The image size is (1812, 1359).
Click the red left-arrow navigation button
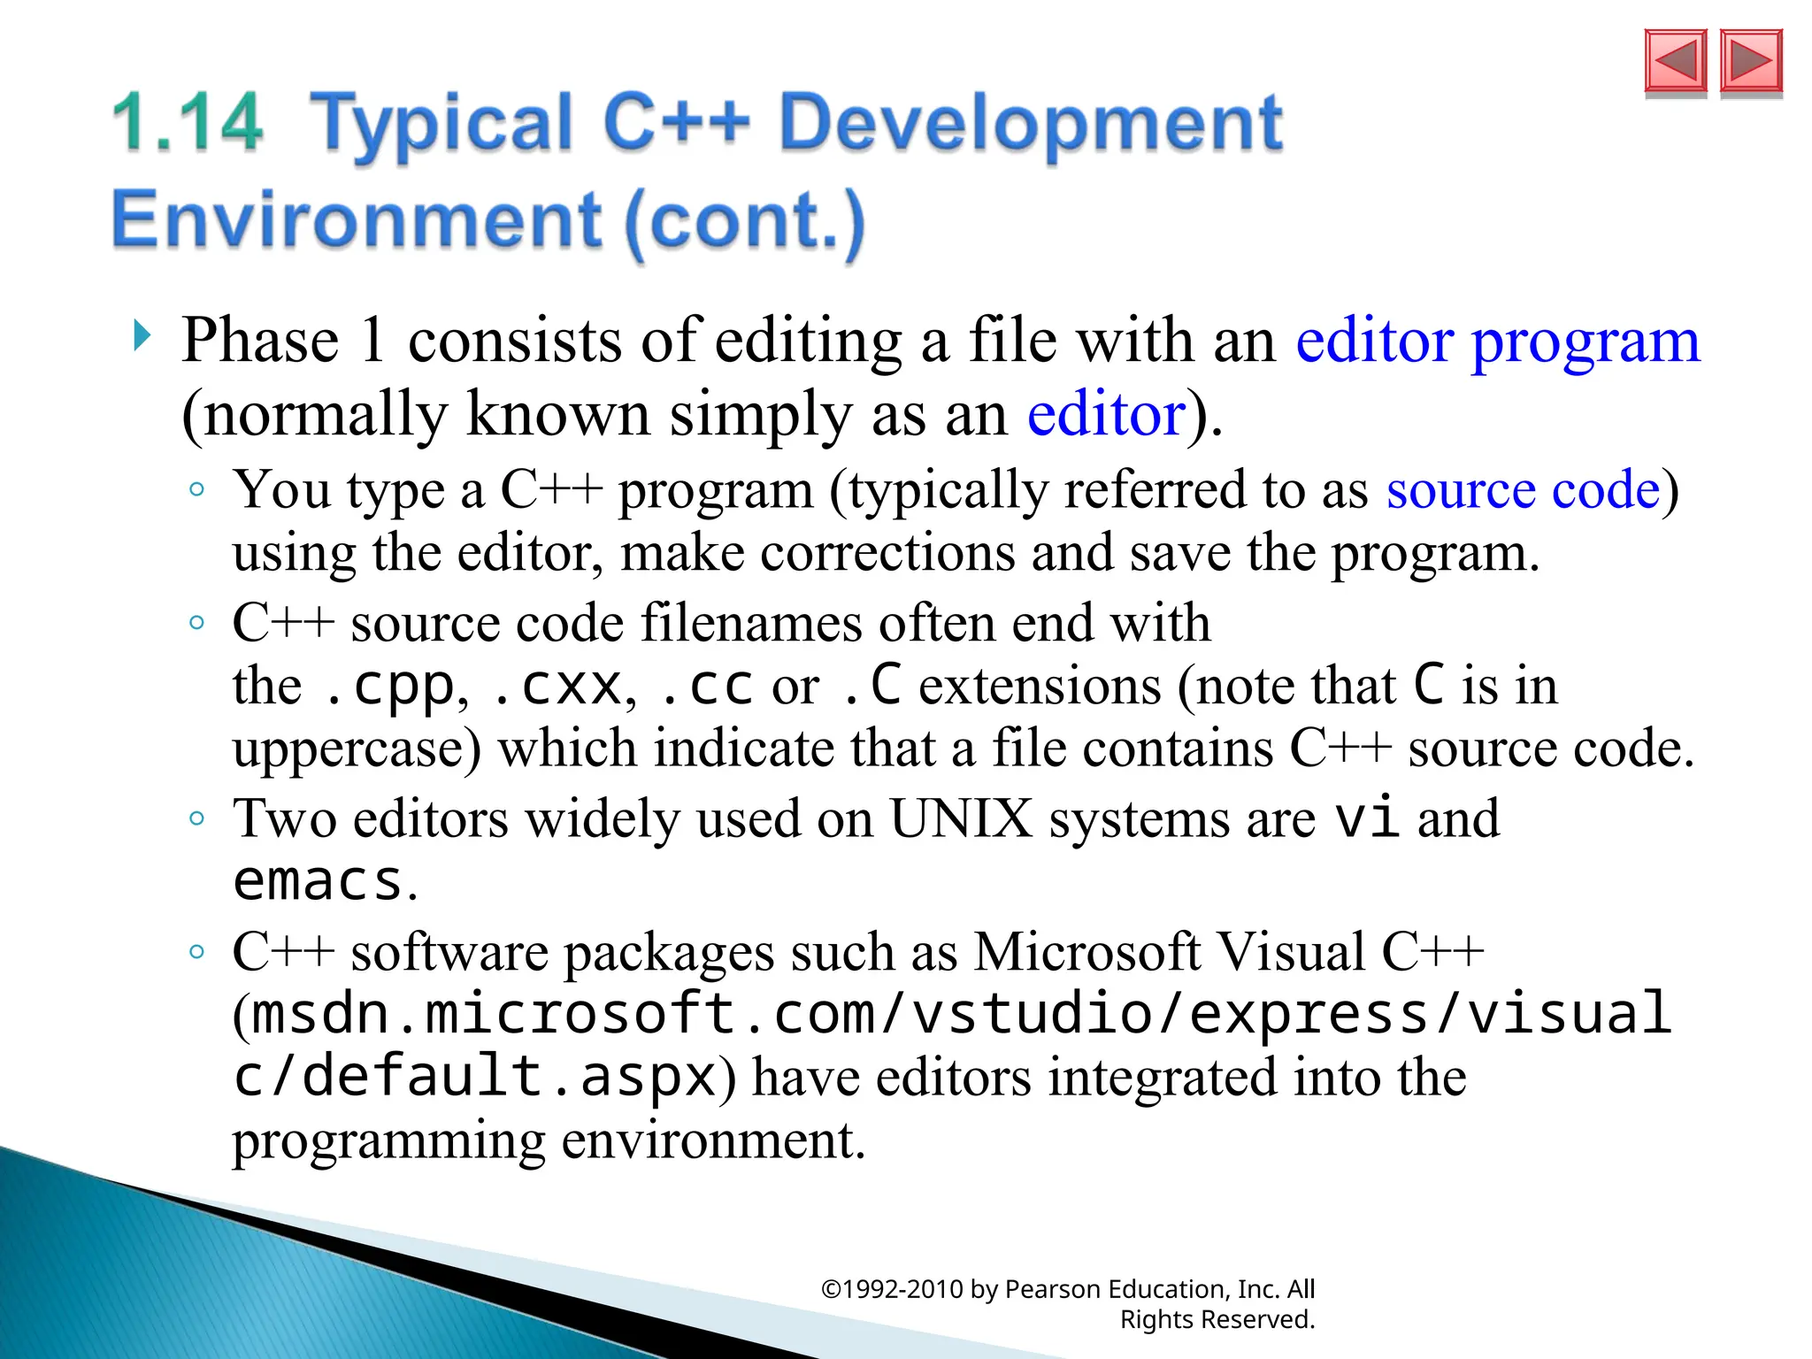pos(1675,61)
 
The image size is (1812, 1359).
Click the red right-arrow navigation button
pos(1751,61)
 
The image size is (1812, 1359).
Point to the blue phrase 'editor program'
pos(1497,341)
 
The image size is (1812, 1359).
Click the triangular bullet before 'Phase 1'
pos(142,335)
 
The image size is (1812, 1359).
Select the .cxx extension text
pos(557,687)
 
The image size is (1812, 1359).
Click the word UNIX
pos(961,818)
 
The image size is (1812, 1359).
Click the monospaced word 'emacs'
pos(318,881)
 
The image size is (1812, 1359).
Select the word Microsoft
pos(1087,953)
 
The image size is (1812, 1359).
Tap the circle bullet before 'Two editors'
pos(197,818)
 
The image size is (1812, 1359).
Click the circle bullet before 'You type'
pos(197,489)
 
